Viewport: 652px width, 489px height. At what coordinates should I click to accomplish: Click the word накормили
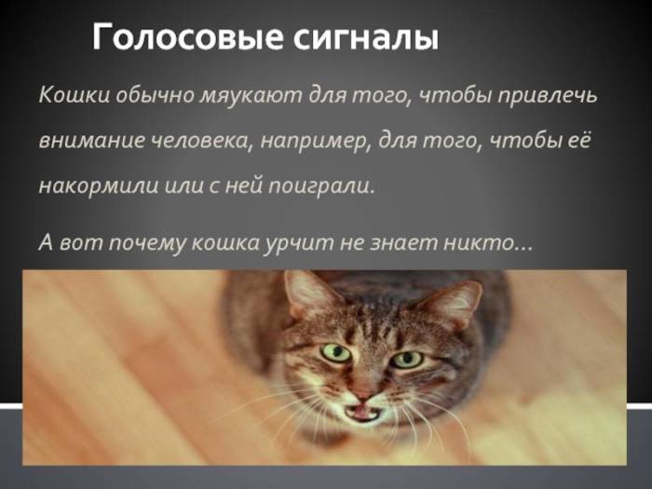[95, 184]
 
